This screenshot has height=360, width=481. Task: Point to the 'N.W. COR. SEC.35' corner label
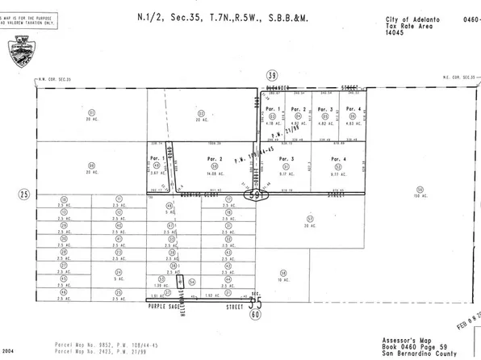54,80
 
